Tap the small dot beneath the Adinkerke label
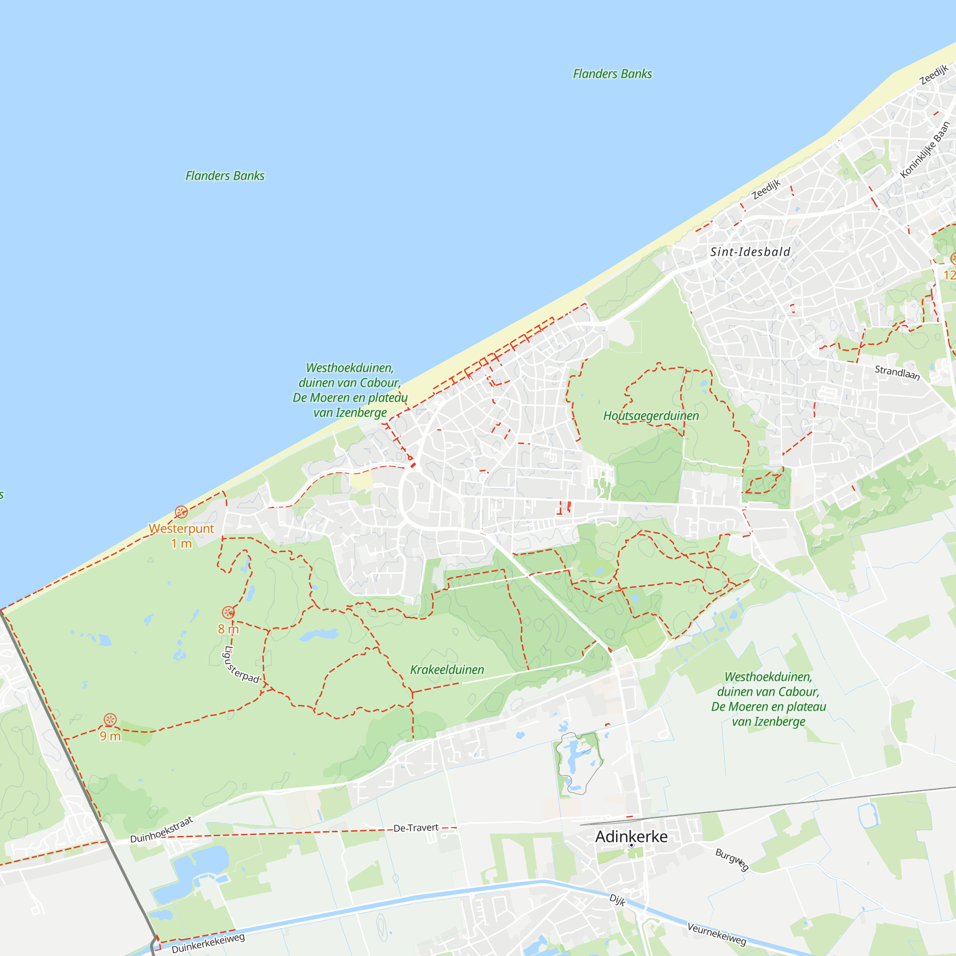point(631,846)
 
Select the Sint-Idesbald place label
point(750,252)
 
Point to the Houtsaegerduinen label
point(651,416)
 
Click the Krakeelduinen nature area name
point(447,670)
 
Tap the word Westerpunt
point(181,529)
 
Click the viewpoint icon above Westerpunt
point(181,512)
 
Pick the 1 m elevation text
point(181,544)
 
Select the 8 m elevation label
point(228,630)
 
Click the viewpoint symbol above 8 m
point(228,613)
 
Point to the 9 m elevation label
point(110,736)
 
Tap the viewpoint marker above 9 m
point(110,720)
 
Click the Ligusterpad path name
point(241,665)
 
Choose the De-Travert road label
point(416,828)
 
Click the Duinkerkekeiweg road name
point(208,944)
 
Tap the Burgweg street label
point(732,859)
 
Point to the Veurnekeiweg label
point(716,934)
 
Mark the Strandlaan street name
point(897,373)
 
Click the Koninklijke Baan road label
point(924,150)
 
